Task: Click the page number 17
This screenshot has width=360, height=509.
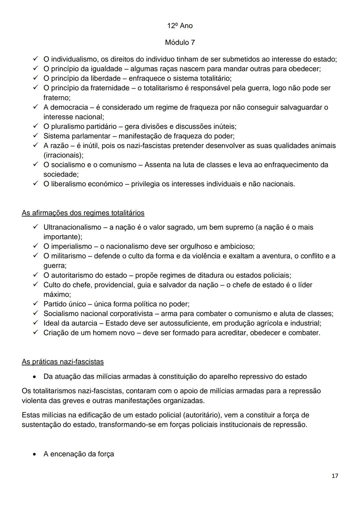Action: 335,476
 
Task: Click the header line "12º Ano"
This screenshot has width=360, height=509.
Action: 180,26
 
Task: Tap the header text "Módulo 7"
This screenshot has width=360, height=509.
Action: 180,43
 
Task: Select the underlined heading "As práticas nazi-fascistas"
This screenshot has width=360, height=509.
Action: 63,362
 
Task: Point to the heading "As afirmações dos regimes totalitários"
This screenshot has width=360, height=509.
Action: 83,213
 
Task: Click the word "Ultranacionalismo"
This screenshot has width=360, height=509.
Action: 72,227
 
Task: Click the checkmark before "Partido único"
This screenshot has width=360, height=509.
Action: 36,304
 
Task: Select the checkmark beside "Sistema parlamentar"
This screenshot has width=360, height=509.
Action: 36,136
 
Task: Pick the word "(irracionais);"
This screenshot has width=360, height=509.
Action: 63,155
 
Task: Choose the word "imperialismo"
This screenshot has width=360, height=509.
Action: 71,246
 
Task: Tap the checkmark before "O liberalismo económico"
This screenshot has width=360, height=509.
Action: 36,184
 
